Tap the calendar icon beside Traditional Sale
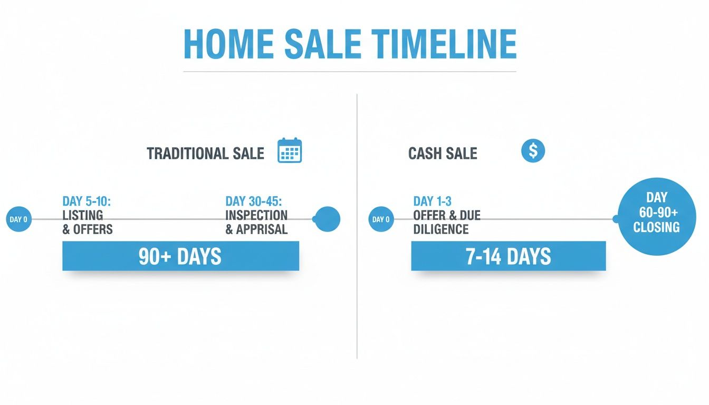[290, 150]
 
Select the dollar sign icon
[533, 151]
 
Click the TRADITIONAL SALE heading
[205, 153]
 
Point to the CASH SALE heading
[443, 153]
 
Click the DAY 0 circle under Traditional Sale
[18, 219]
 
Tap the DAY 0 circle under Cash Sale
[381, 219]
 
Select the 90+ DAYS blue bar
[180, 256]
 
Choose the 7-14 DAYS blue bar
[508, 256]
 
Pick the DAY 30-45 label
[254, 201]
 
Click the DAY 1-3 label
[433, 201]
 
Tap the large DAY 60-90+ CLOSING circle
[656, 216]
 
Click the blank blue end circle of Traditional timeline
[327, 219]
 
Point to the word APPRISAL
[262, 229]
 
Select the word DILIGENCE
[441, 229]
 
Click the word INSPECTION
[256, 215]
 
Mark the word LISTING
[83, 215]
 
